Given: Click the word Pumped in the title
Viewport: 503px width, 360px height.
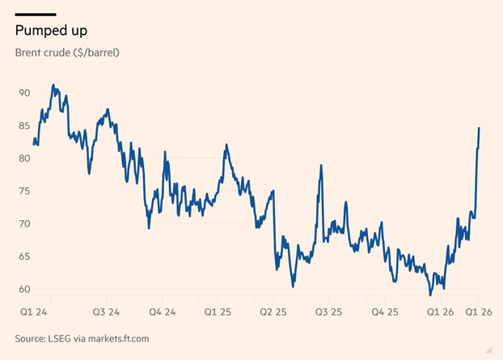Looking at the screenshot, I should click(38, 30).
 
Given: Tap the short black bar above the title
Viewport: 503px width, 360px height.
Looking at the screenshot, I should click(36, 14).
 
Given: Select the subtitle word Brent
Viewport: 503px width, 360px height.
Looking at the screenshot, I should click(31, 53).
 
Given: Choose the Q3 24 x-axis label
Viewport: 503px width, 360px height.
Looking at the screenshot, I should click(107, 311).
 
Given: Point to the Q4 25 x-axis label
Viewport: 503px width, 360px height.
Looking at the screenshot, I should click(384, 311).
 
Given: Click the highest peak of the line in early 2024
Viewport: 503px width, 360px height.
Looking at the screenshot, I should click(53, 84).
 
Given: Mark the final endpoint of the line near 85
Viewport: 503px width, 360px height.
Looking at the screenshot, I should click(479, 128).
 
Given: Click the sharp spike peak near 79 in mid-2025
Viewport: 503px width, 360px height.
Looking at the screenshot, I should click(322, 165).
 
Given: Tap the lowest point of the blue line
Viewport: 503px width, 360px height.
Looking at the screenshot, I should click(431, 294).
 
